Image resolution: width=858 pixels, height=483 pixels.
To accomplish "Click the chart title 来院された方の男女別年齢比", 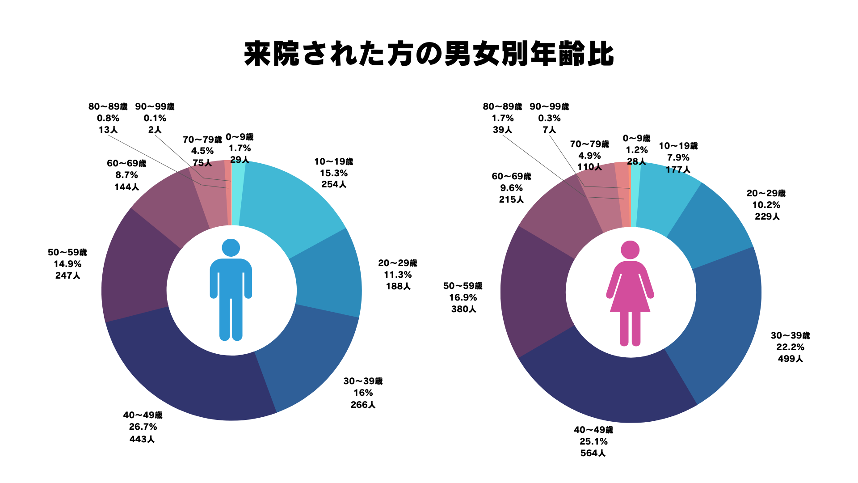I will pyautogui.click(x=429, y=55).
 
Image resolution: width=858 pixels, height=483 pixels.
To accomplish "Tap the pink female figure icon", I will pyautogui.click(x=630, y=293).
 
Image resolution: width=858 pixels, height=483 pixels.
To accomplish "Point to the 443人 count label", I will pyautogui.click(x=142, y=439).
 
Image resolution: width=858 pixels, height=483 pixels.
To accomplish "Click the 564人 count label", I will pyautogui.click(x=593, y=453).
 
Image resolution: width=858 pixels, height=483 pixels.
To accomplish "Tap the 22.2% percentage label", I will pyautogui.click(x=790, y=347).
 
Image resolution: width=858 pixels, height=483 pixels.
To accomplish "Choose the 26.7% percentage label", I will pyautogui.click(x=143, y=427).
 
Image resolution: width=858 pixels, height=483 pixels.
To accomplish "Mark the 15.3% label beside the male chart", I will pyautogui.click(x=333, y=173).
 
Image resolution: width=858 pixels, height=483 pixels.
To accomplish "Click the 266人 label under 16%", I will pyautogui.click(x=363, y=405).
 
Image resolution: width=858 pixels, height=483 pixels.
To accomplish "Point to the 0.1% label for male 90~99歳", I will pyautogui.click(x=155, y=118).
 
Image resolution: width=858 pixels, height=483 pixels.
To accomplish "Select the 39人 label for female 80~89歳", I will pyautogui.click(x=502, y=130).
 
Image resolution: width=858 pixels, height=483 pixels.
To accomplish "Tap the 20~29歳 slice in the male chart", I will pyautogui.click(x=326, y=273).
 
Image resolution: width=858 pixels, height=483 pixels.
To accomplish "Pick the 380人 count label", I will pyautogui.click(x=463, y=309).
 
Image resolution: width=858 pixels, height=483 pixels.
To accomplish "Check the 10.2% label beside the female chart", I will pyautogui.click(x=766, y=205).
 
